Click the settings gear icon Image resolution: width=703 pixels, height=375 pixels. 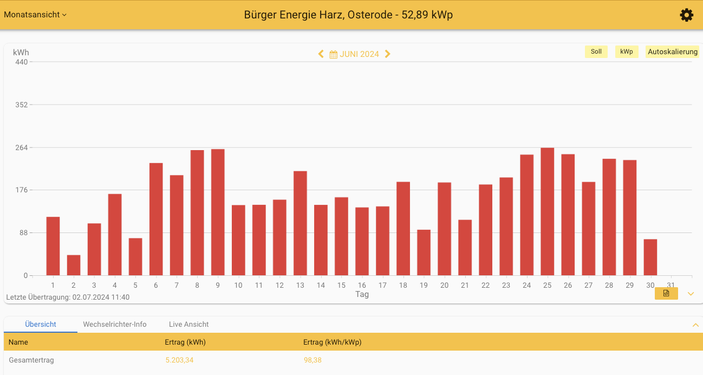click(x=686, y=15)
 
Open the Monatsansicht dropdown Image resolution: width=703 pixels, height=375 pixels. click(x=35, y=15)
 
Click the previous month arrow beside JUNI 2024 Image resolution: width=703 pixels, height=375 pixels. click(x=321, y=54)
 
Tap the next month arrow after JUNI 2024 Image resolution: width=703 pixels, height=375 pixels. click(x=388, y=54)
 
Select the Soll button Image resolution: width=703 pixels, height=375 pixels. click(x=596, y=52)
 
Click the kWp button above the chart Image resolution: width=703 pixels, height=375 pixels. click(x=627, y=52)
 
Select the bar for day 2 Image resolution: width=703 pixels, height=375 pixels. click(x=74, y=266)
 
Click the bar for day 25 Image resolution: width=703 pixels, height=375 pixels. click(x=547, y=211)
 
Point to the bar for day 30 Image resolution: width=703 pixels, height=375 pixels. click(x=650, y=257)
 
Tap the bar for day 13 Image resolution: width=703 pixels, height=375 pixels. click(x=300, y=223)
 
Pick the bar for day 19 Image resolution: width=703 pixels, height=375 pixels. click(x=424, y=253)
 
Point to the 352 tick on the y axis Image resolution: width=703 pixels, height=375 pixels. click(x=21, y=105)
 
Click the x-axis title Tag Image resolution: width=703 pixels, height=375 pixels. click(x=362, y=294)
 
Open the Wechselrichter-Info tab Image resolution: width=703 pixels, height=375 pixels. click(x=115, y=325)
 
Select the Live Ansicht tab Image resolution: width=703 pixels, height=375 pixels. click(x=188, y=325)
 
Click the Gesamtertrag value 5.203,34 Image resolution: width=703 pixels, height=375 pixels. click(x=179, y=360)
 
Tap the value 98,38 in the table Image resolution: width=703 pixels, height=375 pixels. click(x=313, y=360)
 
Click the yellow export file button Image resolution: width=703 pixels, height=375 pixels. click(x=666, y=293)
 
